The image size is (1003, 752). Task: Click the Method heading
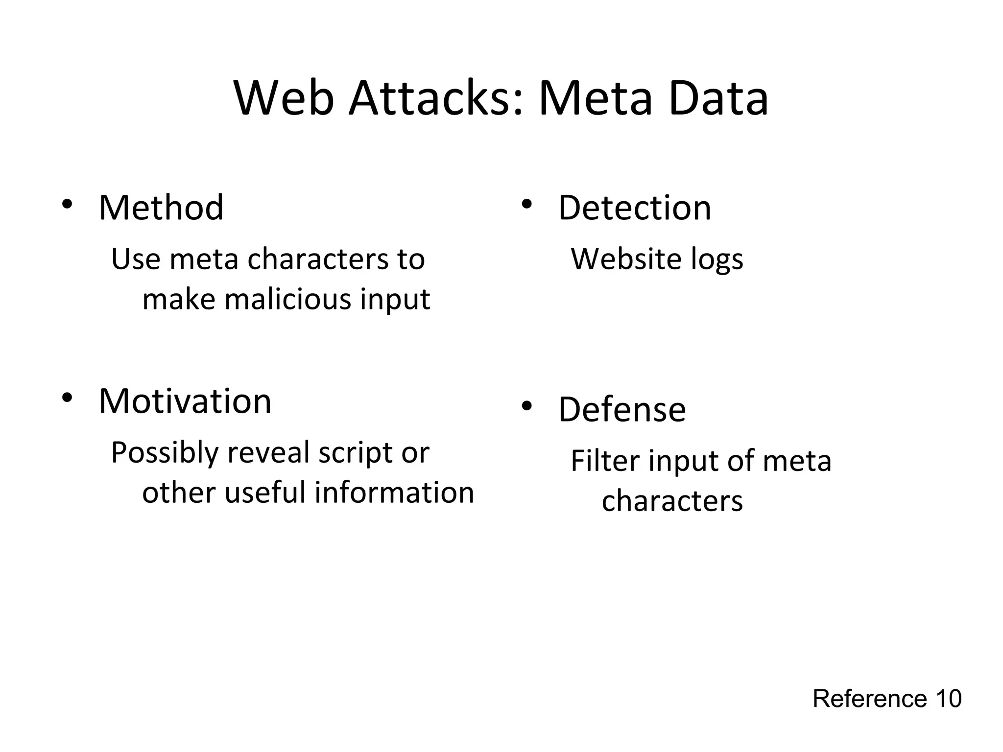click(161, 208)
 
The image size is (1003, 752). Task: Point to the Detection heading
click(635, 208)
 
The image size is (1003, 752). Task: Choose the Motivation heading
click(185, 401)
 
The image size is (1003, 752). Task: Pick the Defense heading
click(622, 409)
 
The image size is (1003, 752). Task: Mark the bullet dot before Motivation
click(67, 397)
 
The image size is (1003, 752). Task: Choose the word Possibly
click(164, 453)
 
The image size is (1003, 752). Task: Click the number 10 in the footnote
click(948, 699)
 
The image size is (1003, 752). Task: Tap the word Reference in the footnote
click(870, 699)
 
